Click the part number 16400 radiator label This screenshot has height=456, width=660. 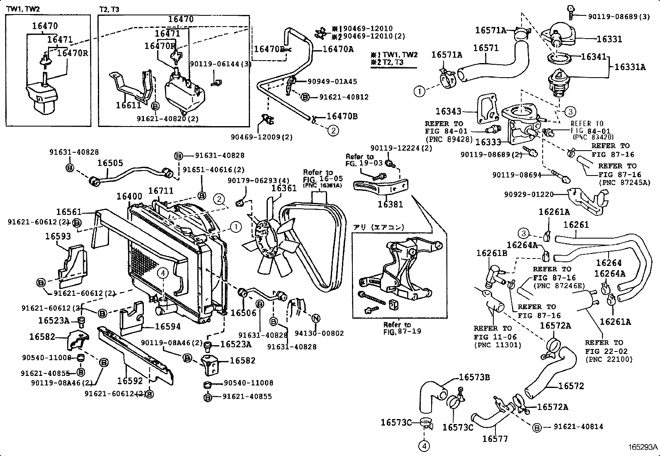click(129, 197)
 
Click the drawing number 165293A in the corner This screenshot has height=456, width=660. click(642, 447)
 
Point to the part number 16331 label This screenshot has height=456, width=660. click(609, 39)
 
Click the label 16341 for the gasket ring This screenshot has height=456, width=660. click(593, 57)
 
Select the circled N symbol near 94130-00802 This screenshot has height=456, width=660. click(315, 319)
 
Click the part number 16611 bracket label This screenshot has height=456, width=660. click(129, 106)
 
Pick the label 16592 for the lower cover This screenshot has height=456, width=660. click(130, 380)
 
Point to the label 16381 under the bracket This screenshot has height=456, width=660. click(390, 204)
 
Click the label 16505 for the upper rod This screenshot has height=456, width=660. click(110, 163)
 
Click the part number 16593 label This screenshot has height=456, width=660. click(58, 236)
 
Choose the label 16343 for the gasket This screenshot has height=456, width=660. click(448, 111)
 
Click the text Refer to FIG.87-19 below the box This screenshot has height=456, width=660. click(397, 328)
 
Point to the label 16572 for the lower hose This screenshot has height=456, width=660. click(571, 386)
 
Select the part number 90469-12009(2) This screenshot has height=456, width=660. click(262, 137)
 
